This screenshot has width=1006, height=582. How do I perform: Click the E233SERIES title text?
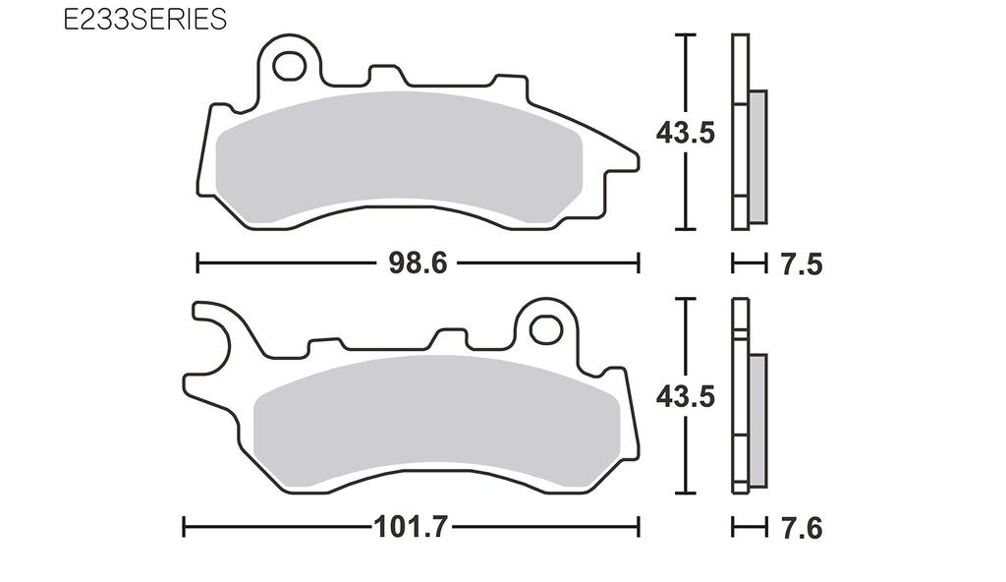pos(144,20)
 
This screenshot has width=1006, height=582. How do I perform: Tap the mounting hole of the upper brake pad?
pos(290,66)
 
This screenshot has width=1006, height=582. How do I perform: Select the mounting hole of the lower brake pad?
pos(543,329)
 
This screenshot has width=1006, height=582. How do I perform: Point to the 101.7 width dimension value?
pos(411,527)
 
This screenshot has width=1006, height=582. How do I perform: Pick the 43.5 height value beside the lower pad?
pos(686,397)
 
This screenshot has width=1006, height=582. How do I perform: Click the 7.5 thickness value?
pos(801,264)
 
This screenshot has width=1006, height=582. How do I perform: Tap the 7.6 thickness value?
pos(801,528)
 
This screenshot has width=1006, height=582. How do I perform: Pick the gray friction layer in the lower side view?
pos(757,420)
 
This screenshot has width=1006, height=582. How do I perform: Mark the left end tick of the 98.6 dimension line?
pos(198,263)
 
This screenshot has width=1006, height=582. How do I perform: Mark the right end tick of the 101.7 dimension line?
pos(641,527)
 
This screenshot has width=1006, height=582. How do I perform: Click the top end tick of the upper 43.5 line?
pos(686,34)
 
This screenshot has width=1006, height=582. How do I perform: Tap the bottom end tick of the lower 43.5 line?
pos(686,493)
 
